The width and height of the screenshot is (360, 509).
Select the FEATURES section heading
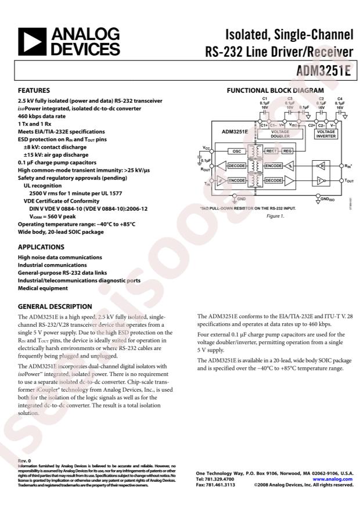click(x=34, y=91)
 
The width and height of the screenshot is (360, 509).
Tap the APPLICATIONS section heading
click(x=41, y=247)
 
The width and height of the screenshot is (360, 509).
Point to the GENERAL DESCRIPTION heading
click(x=55, y=306)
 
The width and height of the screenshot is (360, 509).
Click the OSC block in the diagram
click(x=236, y=151)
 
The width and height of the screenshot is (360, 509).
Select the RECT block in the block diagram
click(x=271, y=151)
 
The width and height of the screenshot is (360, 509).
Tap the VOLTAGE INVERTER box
click(x=326, y=134)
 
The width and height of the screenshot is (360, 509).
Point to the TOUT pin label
click(x=348, y=181)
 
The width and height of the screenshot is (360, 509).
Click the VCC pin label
click(x=207, y=149)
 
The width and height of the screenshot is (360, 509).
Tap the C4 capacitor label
click(x=340, y=99)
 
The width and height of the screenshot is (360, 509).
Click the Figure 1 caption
click(x=275, y=216)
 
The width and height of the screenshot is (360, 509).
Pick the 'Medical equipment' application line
click(x=43, y=288)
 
